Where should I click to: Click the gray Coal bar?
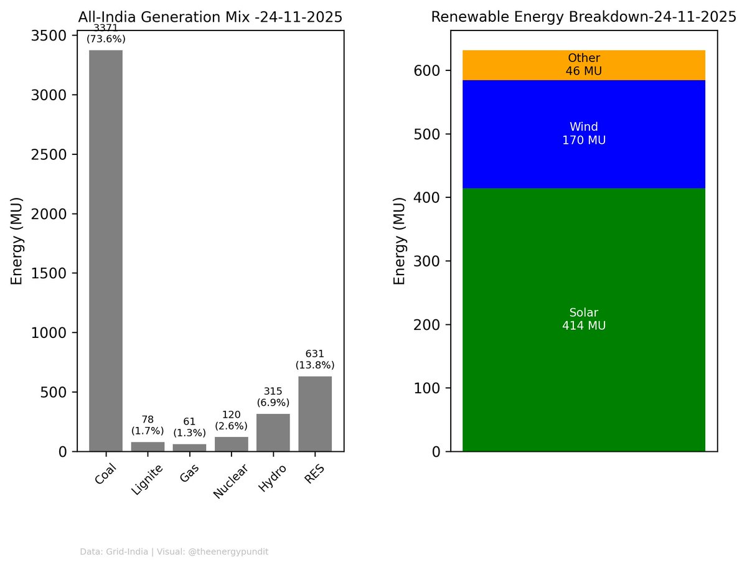tap(106, 249)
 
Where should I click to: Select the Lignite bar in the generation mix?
tap(148, 446)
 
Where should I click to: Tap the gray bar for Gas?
tap(189, 448)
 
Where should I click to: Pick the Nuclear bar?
tap(231, 444)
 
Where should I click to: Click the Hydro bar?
tap(273, 433)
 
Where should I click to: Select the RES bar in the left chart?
tap(314, 414)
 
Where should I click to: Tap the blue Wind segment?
tap(583, 162)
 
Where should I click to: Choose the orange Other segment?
tap(583, 65)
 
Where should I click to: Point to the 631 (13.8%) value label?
tap(314, 359)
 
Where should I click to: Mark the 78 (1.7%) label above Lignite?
tap(148, 424)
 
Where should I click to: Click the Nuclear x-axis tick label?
tap(227, 481)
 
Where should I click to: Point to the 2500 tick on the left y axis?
tap(50, 154)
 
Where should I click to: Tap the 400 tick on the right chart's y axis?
tap(428, 197)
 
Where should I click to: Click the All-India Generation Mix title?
tap(210, 17)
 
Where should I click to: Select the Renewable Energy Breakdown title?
tap(583, 17)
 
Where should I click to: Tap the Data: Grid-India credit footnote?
tap(174, 551)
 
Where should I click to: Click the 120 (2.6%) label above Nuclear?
tap(231, 420)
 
